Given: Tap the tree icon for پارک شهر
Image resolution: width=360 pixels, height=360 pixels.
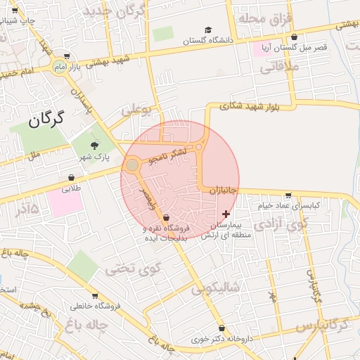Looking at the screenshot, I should point(94,145).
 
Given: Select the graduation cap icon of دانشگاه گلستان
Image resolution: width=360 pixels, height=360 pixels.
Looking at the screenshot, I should point(207,30).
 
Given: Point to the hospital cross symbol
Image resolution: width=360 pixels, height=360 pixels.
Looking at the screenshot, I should point(226,213).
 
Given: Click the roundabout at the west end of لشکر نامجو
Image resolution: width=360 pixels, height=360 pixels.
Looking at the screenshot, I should point(132,165).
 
